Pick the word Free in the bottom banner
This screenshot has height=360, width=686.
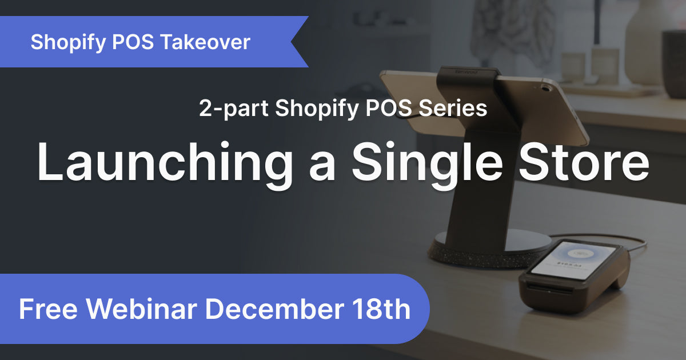click(49, 309)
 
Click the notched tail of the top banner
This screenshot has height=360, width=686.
click(297, 42)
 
